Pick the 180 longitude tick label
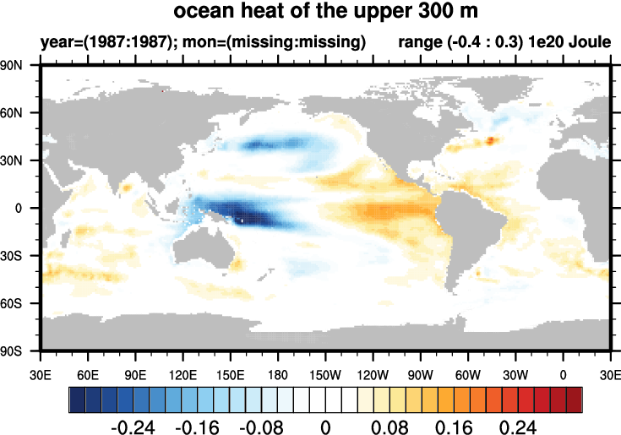[278, 372]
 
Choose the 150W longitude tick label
[324, 372]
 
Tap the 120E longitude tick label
[182, 372]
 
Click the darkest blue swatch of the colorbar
[76, 398]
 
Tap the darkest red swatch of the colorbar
[575, 398]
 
